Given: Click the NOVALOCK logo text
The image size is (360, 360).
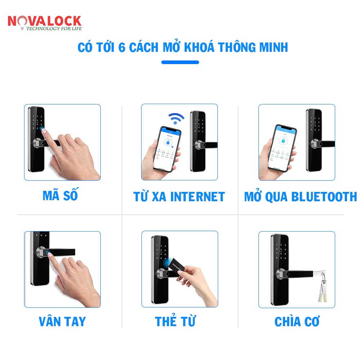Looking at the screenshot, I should click(44, 21).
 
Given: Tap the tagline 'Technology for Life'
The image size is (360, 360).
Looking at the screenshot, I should click(54, 28).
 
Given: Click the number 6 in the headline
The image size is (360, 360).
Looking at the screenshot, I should click(122, 47).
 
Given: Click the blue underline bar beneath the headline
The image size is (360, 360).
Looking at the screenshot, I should click(180, 62).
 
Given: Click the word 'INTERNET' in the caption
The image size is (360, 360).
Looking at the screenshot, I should click(197, 197).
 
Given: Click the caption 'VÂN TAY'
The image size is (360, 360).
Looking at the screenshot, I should click(62, 321).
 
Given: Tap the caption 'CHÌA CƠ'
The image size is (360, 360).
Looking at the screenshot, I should click(297, 321).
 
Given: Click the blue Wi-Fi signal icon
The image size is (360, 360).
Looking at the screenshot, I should click(176, 118).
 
